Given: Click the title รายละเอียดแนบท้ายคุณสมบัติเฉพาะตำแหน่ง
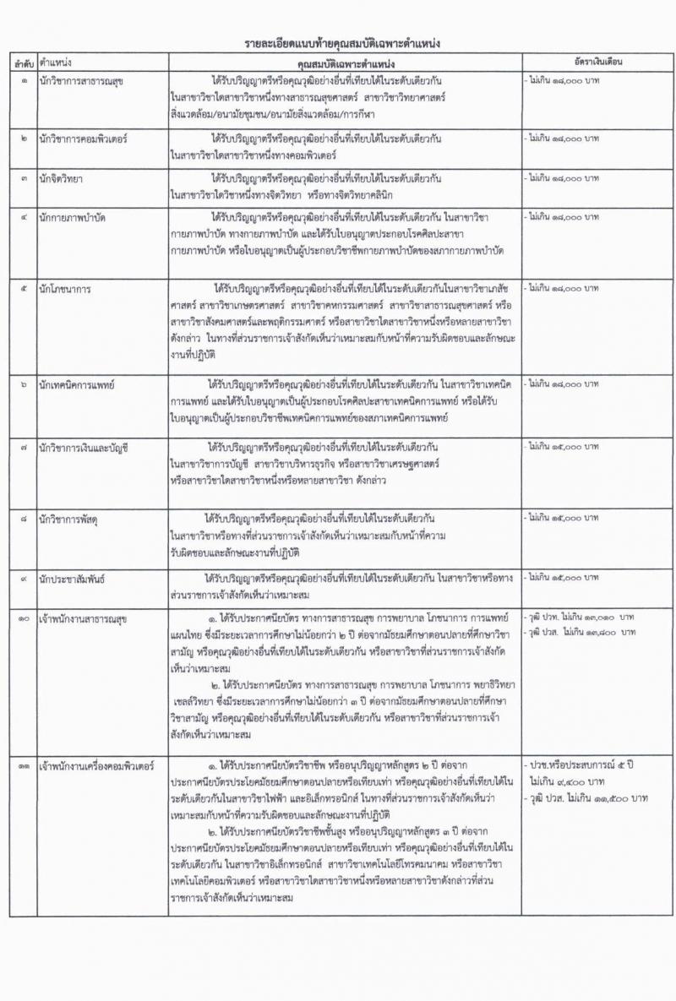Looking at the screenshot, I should (341, 42).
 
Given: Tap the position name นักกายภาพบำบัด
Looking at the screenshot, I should (77, 218).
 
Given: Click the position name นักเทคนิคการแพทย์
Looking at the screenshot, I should (83, 385).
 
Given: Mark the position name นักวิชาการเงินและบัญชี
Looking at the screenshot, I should (91, 444).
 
